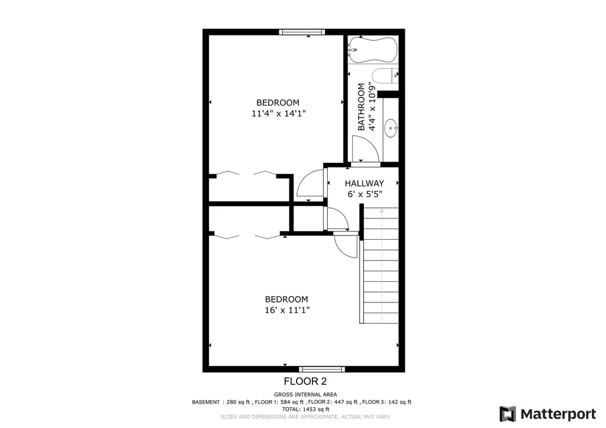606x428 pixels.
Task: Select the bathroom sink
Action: click(x=391, y=127)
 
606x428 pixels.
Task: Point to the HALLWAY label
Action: click(x=364, y=184)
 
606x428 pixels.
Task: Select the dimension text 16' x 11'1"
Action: click(x=286, y=310)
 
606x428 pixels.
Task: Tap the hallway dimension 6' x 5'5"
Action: click(x=364, y=194)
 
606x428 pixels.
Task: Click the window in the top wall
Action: click(x=302, y=32)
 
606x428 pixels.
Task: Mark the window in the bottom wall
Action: click(x=322, y=369)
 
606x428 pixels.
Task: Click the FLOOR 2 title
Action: click(x=305, y=382)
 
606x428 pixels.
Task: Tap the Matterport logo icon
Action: click(x=508, y=413)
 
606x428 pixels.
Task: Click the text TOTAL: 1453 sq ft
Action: click(x=305, y=409)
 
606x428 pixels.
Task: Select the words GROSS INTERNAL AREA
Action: click(x=305, y=394)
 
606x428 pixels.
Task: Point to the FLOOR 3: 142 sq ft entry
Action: click(x=387, y=402)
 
